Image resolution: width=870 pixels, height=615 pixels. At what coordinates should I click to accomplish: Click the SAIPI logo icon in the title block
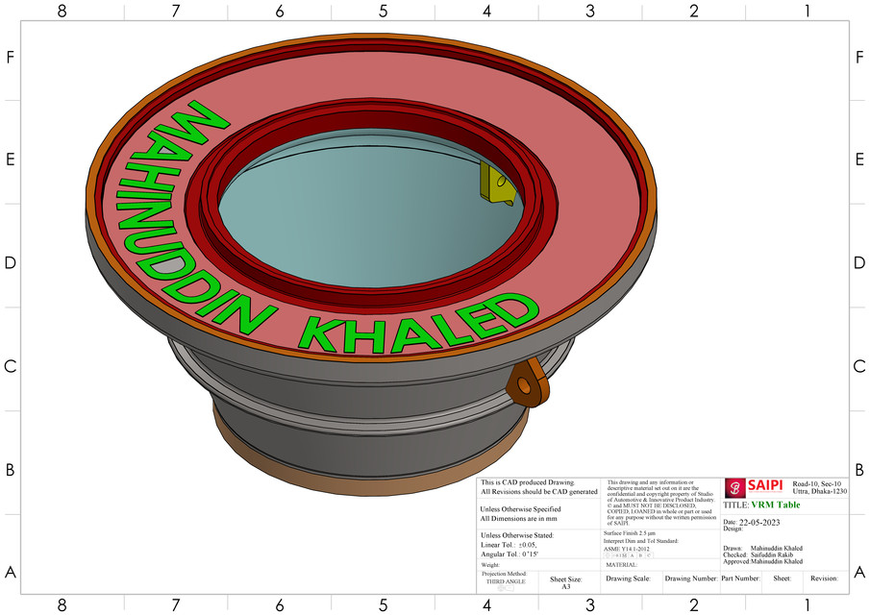pos(735,487)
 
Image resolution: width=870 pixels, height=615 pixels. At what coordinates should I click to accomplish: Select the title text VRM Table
pos(775,504)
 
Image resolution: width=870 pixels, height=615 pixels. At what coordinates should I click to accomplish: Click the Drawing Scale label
pos(628,578)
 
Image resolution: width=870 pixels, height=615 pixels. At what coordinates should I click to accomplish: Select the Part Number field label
pos(740,578)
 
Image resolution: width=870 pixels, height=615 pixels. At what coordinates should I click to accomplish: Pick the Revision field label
pos(824,578)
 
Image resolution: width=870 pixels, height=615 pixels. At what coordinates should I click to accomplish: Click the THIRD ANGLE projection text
pos(506,581)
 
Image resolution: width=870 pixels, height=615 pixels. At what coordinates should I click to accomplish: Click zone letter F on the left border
pos(11,57)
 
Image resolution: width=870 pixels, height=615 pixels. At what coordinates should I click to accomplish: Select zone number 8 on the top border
pos(62,11)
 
